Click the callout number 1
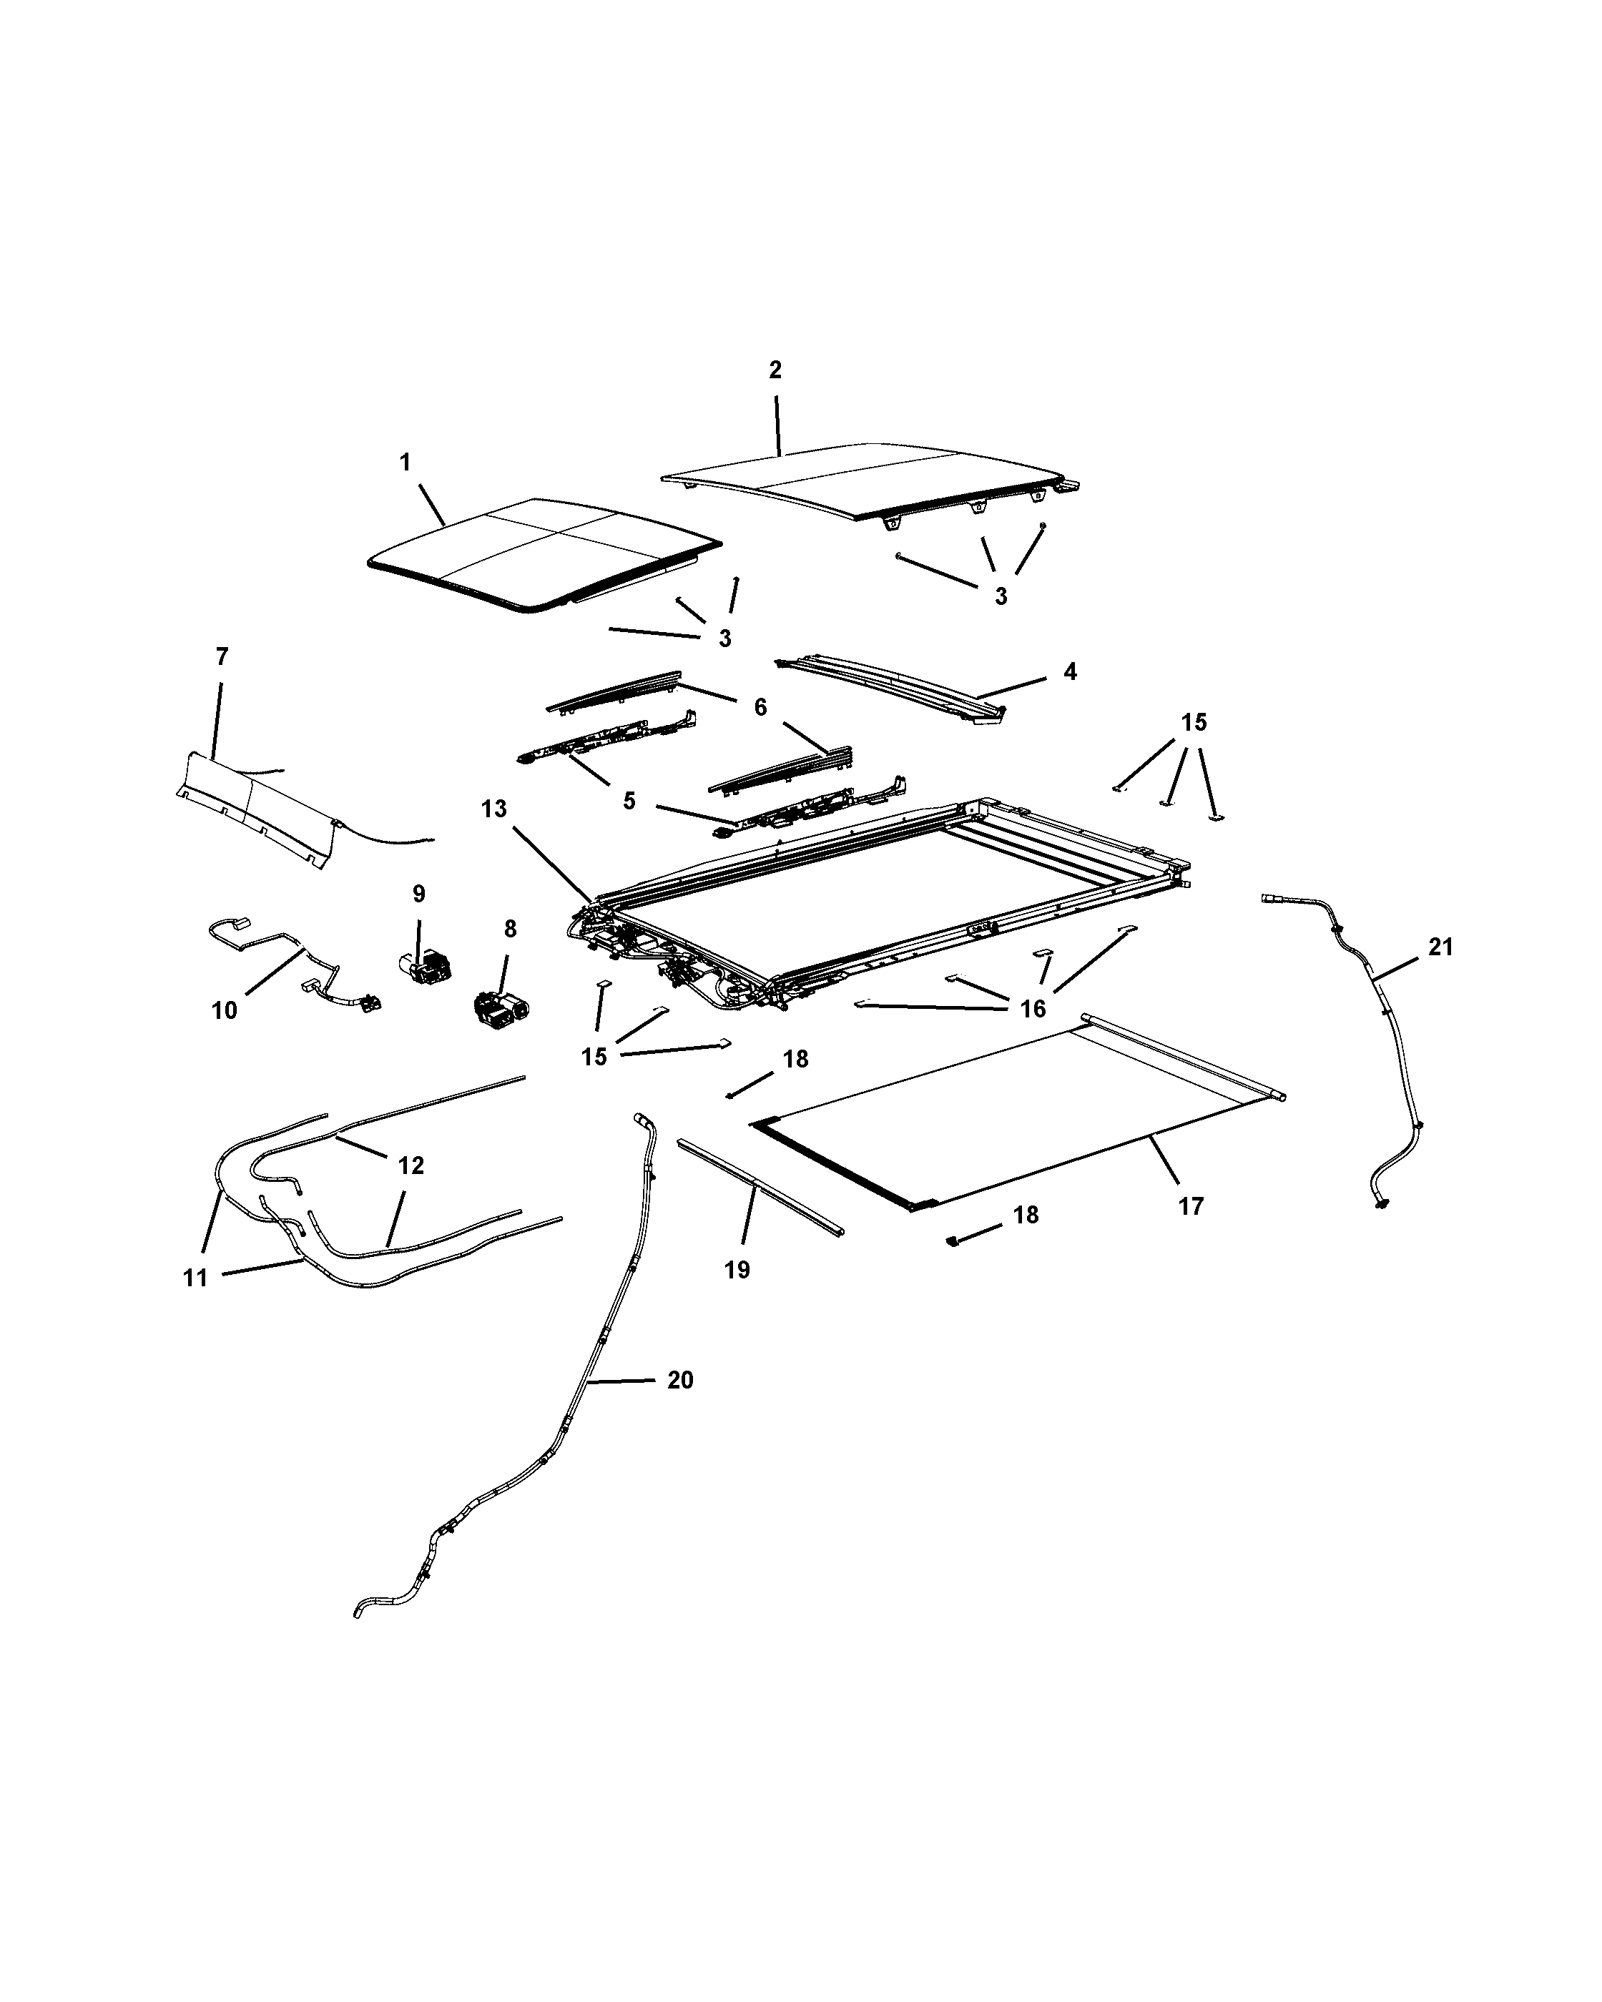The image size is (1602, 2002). [x=405, y=463]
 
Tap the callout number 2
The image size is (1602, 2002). [x=775, y=370]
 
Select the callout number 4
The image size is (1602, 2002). [x=1070, y=671]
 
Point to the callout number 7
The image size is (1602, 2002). [x=221, y=657]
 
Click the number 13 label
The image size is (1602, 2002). [x=494, y=809]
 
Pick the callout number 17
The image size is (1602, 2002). [x=1191, y=1206]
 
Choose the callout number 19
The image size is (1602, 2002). [x=737, y=1269]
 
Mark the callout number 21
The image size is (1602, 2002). [x=1440, y=947]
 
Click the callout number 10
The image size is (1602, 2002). [x=225, y=1010]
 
